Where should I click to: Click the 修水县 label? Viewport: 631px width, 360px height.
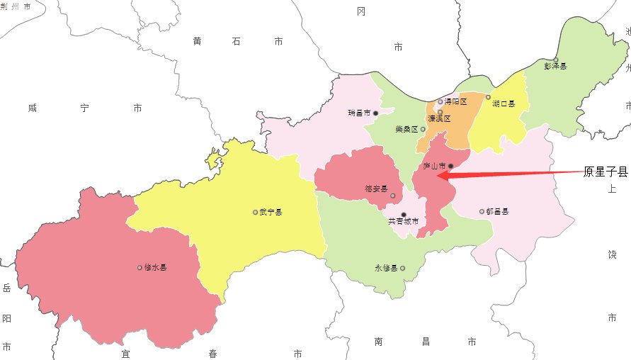[156, 268]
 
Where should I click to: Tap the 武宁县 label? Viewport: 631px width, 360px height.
[271, 212]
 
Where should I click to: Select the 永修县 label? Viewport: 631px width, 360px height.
[387, 269]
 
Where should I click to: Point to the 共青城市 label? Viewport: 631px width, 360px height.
[404, 222]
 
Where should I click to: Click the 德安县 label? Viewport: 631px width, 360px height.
[376, 189]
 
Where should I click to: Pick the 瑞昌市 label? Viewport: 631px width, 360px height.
[360, 113]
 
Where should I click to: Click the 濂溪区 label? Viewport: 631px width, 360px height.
[439, 119]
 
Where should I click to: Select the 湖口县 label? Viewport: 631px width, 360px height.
[504, 103]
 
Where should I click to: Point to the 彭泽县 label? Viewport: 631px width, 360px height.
[556, 67]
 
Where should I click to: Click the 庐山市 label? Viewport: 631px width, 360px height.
[433, 167]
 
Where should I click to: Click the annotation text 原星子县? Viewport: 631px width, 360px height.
[606, 171]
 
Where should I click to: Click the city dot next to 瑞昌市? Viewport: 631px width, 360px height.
[376, 113]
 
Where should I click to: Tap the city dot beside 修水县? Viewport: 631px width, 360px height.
[140, 268]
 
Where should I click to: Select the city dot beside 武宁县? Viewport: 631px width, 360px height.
[255, 212]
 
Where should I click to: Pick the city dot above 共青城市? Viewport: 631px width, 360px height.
[404, 214]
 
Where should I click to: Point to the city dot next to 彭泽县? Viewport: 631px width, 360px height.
[556, 59]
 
